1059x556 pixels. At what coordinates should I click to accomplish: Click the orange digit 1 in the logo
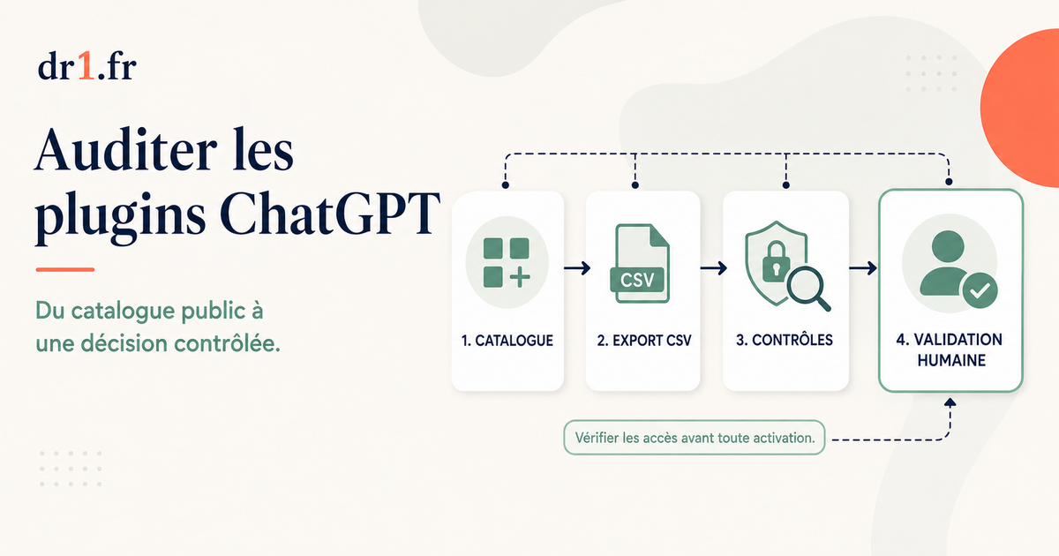click(86, 65)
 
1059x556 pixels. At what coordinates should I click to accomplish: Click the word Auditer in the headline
click(125, 150)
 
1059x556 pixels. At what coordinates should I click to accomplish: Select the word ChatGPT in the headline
click(330, 214)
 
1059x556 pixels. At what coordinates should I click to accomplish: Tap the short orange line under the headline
click(65, 269)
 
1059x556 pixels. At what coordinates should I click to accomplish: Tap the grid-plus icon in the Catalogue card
click(507, 263)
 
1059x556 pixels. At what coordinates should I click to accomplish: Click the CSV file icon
click(640, 264)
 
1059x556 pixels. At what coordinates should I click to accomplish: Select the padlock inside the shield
click(776, 262)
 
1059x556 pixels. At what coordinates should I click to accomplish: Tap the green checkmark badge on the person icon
click(980, 290)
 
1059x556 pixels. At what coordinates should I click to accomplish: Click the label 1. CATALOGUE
click(507, 341)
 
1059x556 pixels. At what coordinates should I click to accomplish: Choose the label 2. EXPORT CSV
click(644, 341)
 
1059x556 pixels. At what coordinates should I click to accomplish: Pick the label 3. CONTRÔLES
click(785, 340)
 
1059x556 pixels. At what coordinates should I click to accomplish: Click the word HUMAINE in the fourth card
click(951, 360)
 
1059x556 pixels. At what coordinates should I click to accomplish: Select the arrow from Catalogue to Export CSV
click(577, 268)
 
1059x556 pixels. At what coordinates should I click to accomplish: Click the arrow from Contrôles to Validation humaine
click(863, 268)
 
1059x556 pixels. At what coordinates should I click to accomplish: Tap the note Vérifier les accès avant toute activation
click(695, 438)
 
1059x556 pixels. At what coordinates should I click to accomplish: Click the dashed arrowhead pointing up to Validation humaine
click(950, 402)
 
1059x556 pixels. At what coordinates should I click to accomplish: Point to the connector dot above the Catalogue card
click(506, 184)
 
